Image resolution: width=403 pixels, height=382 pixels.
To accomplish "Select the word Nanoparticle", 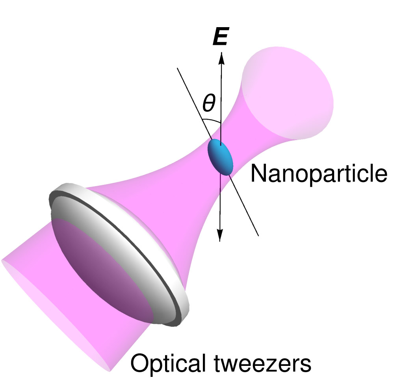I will tap(318, 173).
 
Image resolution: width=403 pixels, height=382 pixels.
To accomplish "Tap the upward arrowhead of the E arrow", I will tap(221, 57).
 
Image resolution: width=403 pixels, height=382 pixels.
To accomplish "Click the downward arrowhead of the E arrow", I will tap(220, 235).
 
